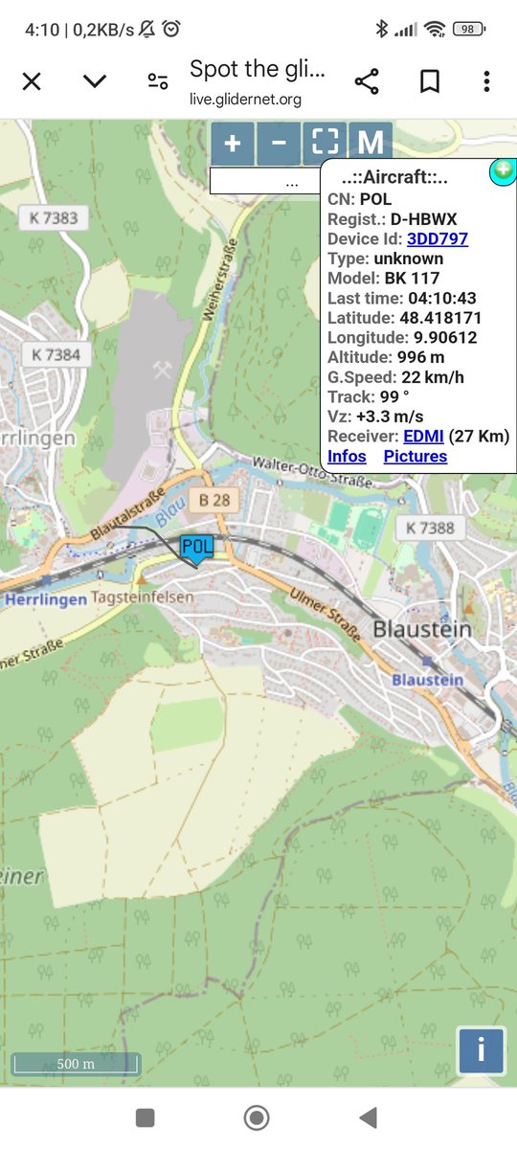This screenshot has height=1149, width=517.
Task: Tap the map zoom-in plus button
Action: click(x=233, y=144)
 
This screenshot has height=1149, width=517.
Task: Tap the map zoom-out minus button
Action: click(x=279, y=144)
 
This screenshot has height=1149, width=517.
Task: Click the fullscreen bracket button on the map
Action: click(x=326, y=144)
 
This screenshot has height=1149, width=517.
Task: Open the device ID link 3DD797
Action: click(x=438, y=238)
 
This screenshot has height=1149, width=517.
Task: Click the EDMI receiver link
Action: click(x=423, y=437)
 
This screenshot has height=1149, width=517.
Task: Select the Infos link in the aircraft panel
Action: click(x=347, y=457)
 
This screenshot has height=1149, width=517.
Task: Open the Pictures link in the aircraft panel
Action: click(x=416, y=457)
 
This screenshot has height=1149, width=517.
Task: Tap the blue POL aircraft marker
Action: click(x=196, y=547)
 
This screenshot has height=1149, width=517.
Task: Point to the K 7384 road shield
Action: click(x=56, y=354)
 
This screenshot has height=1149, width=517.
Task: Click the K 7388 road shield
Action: click(x=430, y=528)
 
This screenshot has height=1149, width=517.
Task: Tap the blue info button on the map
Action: click(x=481, y=1050)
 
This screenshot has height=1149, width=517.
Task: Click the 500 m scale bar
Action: click(x=76, y=1064)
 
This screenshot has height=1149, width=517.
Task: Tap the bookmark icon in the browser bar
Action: click(x=430, y=81)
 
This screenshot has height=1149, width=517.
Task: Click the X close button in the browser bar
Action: click(x=32, y=81)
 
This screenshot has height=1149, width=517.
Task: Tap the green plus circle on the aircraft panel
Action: click(x=503, y=171)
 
